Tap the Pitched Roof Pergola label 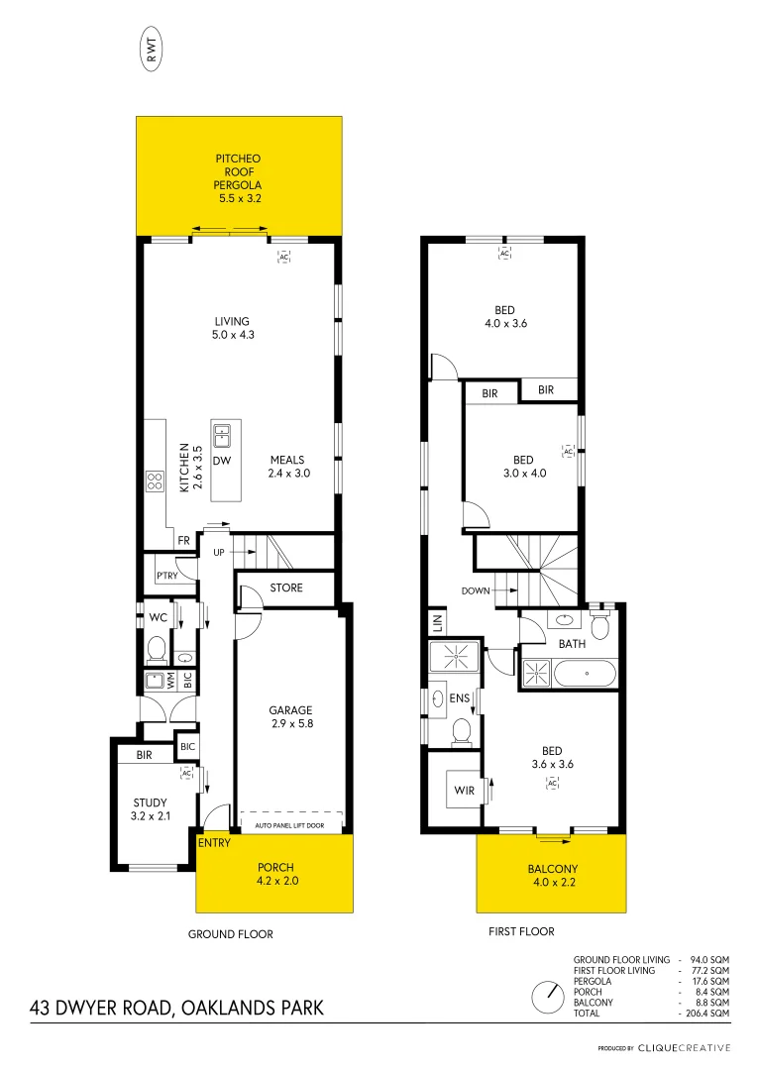click(x=239, y=178)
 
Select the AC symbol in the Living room click(x=283, y=257)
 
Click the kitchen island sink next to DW click(x=222, y=433)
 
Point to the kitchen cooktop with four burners click(x=156, y=482)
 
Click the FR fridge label click(x=183, y=541)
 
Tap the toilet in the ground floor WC click(x=156, y=648)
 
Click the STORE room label click(x=286, y=588)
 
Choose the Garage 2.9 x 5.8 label click(x=290, y=717)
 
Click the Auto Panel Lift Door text click(x=290, y=824)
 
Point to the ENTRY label click(x=214, y=843)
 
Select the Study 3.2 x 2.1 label click(x=151, y=809)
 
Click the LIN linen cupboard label click(x=436, y=623)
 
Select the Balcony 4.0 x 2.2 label click(x=552, y=877)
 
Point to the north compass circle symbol click(x=545, y=997)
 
